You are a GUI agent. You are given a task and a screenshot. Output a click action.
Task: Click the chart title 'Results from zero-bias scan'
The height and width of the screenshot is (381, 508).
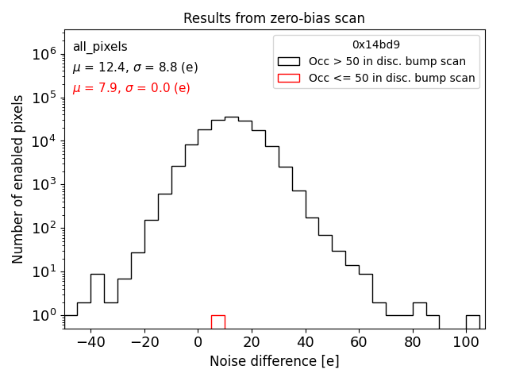click(x=274, y=18)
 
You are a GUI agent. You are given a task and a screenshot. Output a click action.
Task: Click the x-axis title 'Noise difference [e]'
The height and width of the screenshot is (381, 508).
click(x=274, y=361)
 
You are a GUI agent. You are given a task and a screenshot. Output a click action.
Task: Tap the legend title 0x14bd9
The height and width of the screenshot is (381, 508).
click(x=376, y=45)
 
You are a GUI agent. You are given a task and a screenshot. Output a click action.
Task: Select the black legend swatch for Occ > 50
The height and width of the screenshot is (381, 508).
click(x=288, y=61)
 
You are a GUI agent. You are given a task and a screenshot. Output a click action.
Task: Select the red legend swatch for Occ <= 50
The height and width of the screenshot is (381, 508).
click(x=288, y=78)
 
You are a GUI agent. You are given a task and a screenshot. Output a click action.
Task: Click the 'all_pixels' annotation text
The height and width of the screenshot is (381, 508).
click(x=100, y=48)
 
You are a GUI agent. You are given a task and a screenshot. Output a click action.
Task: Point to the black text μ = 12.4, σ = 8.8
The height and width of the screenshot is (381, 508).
click(x=131, y=68)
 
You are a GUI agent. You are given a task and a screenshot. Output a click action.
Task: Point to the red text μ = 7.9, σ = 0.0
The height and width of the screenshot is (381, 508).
click(x=131, y=88)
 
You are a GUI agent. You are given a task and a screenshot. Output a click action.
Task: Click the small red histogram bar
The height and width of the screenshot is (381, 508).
click(x=217, y=321)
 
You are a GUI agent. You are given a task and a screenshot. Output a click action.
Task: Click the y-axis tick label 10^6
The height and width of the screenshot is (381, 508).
click(x=42, y=54)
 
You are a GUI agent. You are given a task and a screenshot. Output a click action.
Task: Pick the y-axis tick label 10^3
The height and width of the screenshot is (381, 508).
click(x=42, y=185)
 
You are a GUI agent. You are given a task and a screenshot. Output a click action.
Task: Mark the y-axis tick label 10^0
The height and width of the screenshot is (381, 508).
click(x=42, y=315)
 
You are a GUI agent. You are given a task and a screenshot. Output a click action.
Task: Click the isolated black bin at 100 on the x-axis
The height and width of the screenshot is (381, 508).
click(x=472, y=321)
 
